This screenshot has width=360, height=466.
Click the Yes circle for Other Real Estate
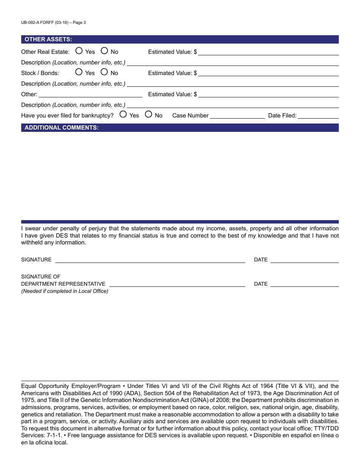(x=79, y=51)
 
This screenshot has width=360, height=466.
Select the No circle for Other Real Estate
(x=104, y=51)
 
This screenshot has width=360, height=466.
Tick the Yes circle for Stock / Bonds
(x=79, y=72)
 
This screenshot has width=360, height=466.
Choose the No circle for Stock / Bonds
(x=104, y=72)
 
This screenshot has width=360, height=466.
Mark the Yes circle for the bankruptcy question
(x=123, y=114)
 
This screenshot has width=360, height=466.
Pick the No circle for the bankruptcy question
(x=149, y=114)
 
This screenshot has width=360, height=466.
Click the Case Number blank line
(x=237, y=116)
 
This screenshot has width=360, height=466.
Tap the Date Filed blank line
(x=318, y=116)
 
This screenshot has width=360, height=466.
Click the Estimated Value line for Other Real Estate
(x=268, y=52)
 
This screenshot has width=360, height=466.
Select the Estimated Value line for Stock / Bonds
(x=268, y=73)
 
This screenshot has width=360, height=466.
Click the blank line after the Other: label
(x=91, y=94)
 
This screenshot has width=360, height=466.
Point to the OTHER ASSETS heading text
(x=48, y=39)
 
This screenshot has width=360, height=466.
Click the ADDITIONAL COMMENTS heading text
(x=61, y=128)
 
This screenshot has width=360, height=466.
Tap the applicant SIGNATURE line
(x=150, y=260)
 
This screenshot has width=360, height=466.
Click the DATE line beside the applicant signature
(x=304, y=260)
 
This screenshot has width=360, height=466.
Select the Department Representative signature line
(x=177, y=284)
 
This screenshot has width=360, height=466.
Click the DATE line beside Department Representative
(x=304, y=284)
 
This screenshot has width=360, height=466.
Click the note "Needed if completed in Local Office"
(x=64, y=291)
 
